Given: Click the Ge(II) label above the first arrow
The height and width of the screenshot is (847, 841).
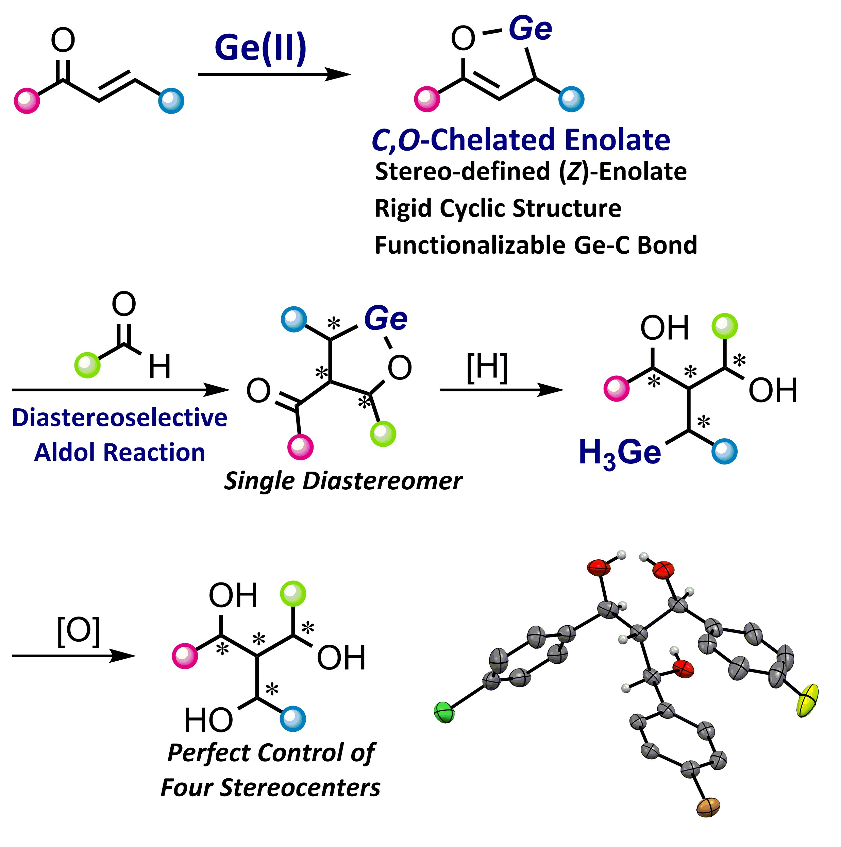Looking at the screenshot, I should (260, 48).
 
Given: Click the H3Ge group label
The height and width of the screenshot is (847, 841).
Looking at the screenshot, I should (620, 453).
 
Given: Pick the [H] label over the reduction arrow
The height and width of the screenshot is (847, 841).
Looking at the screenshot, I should (487, 367).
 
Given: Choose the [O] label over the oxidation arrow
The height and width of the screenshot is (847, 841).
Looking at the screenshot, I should (79, 631).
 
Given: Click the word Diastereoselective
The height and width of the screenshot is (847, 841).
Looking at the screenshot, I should (119, 417).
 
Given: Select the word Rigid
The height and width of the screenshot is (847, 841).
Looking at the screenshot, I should (403, 208).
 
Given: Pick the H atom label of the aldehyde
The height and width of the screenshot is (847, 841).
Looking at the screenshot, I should (159, 367).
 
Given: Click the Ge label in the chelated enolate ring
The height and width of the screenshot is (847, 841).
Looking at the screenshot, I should (530, 29).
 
